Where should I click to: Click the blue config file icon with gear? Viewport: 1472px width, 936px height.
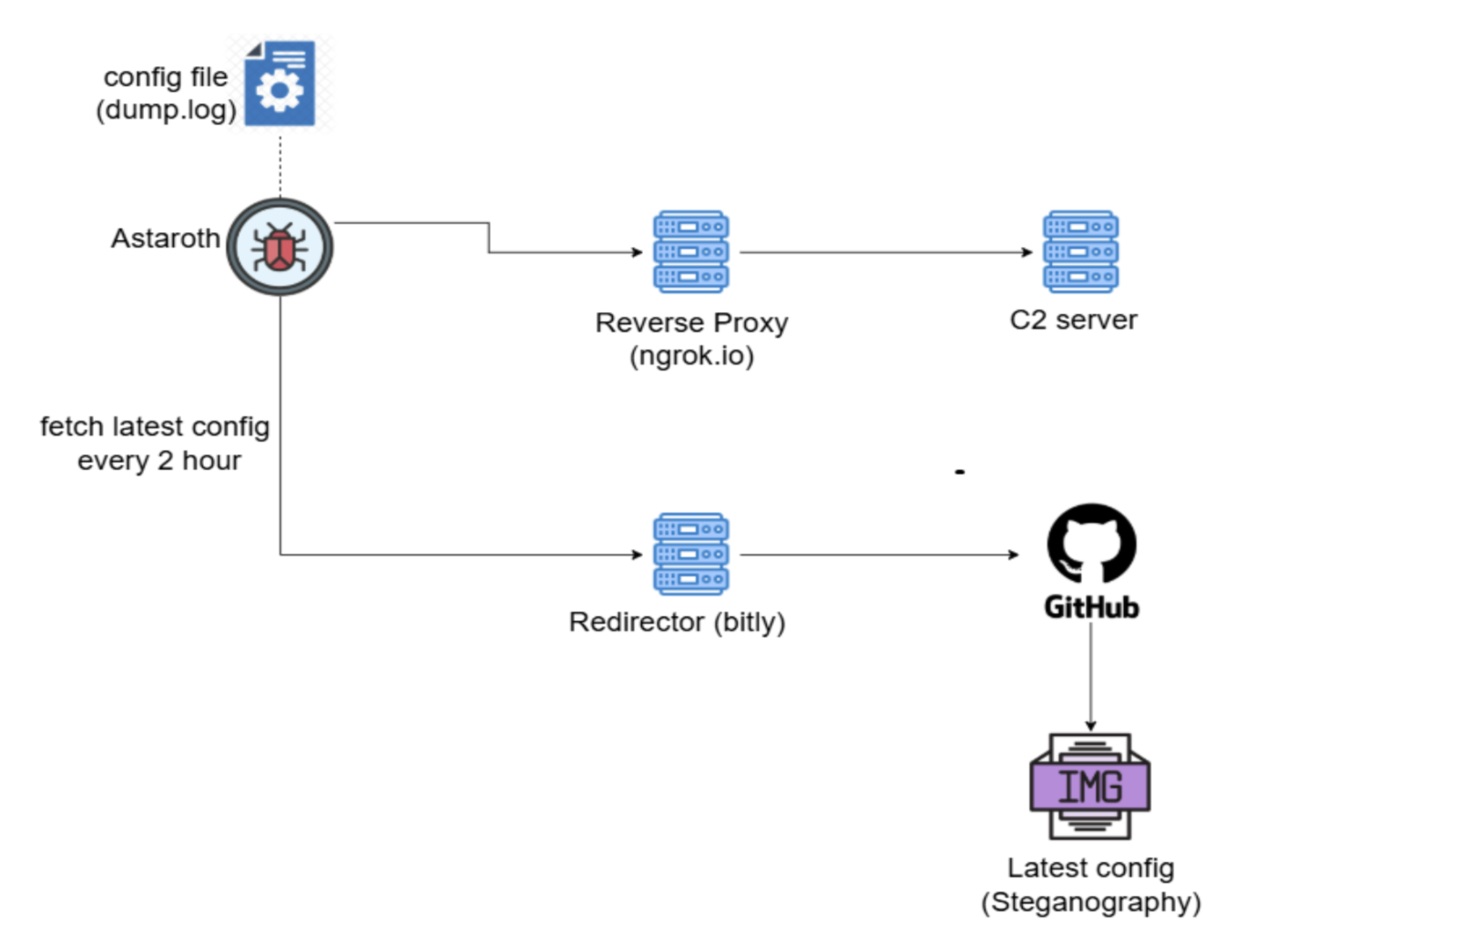tap(280, 83)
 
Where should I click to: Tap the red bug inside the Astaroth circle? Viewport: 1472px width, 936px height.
tap(280, 249)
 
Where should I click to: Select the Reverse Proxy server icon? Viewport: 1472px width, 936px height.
tap(690, 252)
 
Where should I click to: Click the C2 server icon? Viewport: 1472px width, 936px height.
tap(1080, 252)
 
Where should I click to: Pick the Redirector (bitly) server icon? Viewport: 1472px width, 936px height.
tap(690, 554)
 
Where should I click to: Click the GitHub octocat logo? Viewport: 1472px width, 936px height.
tap(1091, 544)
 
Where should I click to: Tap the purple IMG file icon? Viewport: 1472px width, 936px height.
tap(1089, 786)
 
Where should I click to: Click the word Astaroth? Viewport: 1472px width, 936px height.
tap(165, 239)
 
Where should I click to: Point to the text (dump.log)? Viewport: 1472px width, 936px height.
tap(166, 110)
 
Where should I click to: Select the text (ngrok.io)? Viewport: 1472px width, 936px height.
tap(691, 355)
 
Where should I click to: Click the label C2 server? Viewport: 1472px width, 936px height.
tap(1073, 320)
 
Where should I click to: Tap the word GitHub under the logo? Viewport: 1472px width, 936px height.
tap(1091, 607)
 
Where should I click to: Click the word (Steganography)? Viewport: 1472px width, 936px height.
tap(1090, 902)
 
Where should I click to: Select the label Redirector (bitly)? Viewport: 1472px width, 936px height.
tap(677, 622)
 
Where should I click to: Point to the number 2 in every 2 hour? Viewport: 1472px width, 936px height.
tap(165, 461)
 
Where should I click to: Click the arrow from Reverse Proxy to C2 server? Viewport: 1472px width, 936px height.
tap(884, 252)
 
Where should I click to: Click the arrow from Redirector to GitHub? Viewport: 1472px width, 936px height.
tap(879, 554)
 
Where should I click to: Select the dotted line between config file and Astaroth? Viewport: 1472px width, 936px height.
tap(280, 164)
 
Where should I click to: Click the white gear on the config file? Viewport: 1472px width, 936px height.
tap(279, 90)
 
